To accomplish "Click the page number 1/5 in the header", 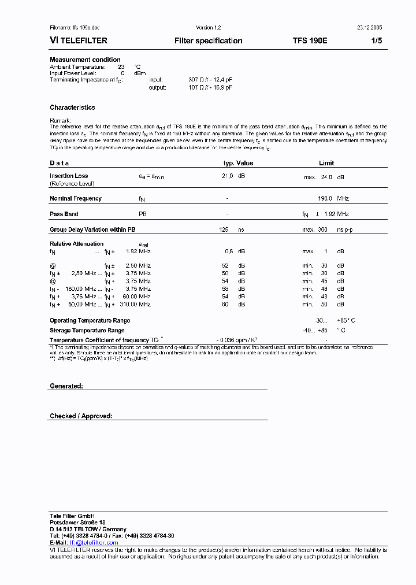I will point(377,41).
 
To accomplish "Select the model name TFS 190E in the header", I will point(310,41).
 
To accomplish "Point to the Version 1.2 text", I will point(209,27).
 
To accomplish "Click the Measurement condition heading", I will point(85,60).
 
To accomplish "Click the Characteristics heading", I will point(72,108).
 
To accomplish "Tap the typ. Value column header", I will point(238,163).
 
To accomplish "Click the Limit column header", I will point(326,163).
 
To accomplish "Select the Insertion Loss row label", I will point(69,176).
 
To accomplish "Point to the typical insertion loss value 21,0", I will point(228,176).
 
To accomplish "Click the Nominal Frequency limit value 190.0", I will point(325,198).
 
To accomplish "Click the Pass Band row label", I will point(64,214).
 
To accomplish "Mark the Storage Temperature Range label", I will point(87,331).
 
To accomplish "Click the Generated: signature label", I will point(66,386).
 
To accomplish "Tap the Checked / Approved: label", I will point(81,416).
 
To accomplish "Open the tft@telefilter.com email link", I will point(94,542).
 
